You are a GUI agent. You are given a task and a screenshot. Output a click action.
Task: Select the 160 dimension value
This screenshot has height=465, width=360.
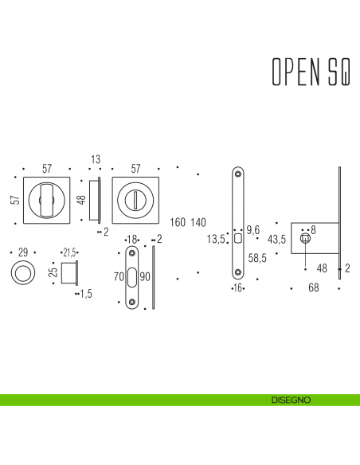click(x=178, y=221)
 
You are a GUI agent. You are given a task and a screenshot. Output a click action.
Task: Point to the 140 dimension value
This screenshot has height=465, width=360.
click(x=198, y=221)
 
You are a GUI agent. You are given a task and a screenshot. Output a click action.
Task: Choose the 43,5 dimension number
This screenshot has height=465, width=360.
click(x=277, y=239)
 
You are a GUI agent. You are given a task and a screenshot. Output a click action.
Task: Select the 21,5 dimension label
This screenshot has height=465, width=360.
click(x=69, y=252)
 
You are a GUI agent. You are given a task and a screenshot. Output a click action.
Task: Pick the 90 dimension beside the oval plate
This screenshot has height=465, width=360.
click(x=143, y=277)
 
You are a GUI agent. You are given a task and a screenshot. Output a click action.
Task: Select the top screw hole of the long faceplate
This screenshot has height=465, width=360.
click(x=237, y=175)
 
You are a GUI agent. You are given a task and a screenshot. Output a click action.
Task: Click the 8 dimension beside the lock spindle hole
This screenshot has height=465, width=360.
click(x=313, y=229)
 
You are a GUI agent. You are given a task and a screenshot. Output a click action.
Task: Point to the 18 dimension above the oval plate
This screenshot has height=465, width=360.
click(x=132, y=239)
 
